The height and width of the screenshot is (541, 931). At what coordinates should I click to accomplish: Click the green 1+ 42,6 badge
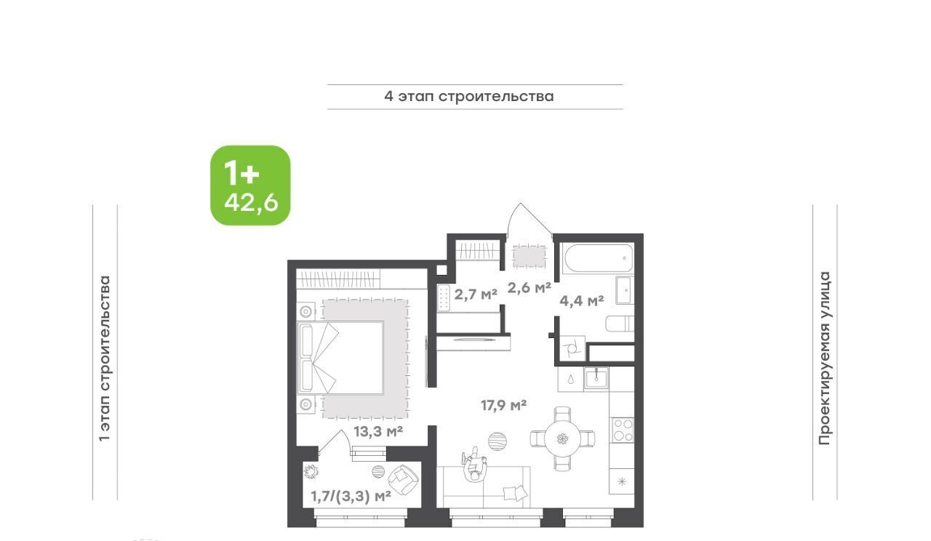tap(250, 185)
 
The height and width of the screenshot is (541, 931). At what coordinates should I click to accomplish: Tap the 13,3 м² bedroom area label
tap(378, 432)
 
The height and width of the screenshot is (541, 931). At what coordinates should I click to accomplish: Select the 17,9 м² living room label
tap(504, 405)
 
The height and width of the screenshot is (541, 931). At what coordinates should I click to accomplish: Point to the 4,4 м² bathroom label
tap(581, 300)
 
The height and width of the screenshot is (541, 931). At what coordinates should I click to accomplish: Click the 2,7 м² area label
tap(476, 294)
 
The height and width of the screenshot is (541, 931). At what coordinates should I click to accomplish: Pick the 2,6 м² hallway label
tap(529, 287)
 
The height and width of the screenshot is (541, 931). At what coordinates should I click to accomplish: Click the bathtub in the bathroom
tap(598, 258)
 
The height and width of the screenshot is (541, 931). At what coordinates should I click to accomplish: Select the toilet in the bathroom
tap(620, 324)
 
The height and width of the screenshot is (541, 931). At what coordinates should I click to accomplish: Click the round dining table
tap(562, 438)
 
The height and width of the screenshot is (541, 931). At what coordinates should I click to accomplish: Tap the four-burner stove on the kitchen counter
tap(622, 430)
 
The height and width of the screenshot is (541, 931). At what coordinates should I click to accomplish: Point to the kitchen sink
tap(596, 378)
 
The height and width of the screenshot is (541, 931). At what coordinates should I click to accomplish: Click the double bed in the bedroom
tap(340, 358)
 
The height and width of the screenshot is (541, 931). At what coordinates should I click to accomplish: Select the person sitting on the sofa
tap(474, 465)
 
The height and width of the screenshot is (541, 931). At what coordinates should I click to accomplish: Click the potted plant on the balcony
tap(311, 471)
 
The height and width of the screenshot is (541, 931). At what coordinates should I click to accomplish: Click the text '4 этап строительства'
tap(469, 97)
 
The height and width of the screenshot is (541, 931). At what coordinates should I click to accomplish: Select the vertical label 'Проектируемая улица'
tap(825, 358)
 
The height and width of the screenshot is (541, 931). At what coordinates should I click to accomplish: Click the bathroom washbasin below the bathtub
tap(625, 290)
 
